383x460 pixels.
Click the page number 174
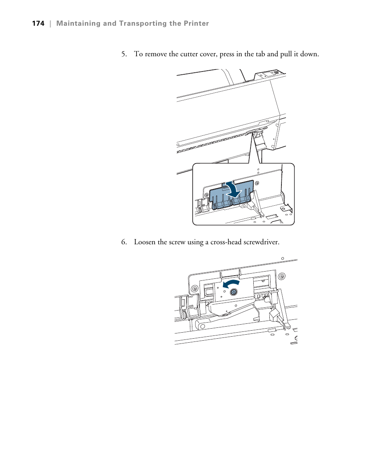point(38,24)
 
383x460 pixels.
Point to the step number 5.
point(124,54)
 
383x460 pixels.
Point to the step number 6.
point(124,242)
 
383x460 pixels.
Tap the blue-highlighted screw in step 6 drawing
point(234,292)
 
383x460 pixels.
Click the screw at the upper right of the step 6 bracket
point(282,276)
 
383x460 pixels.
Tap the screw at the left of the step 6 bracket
point(194,288)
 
